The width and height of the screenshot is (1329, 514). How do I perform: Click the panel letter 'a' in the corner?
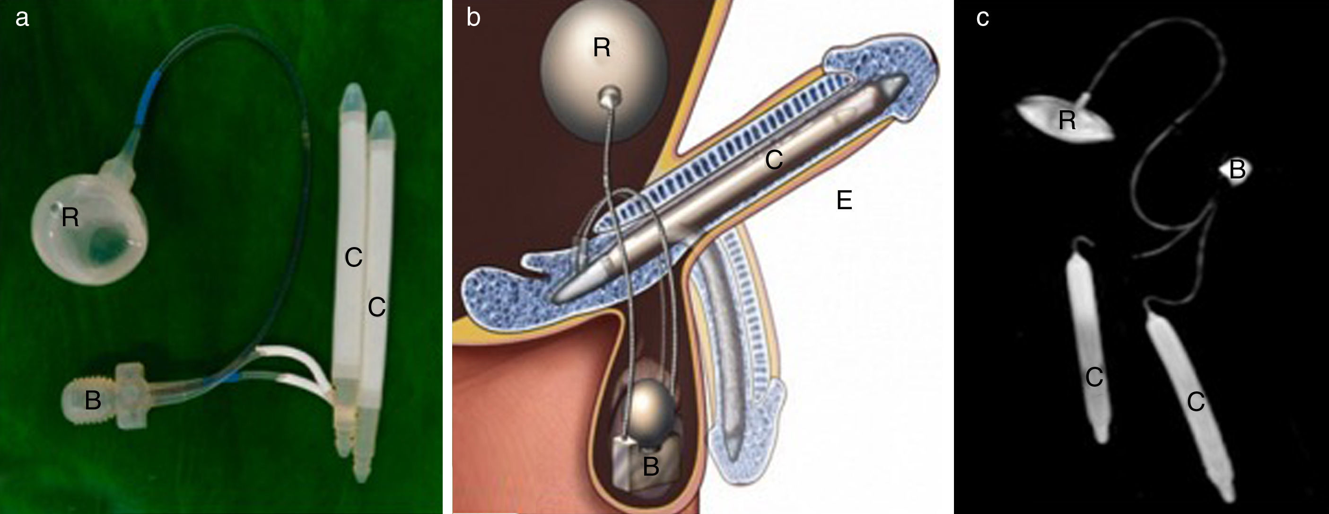(x=22, y=18)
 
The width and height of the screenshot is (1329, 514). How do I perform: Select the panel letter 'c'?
(x=982, y=18)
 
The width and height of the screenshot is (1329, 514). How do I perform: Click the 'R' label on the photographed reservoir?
(x=70, y=217)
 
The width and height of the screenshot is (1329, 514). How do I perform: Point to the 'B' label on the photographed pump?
(x=92, y=400)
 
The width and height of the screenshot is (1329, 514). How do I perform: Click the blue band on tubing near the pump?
(x=220, y=381)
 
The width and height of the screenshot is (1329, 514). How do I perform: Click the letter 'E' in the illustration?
(x=844, y=200)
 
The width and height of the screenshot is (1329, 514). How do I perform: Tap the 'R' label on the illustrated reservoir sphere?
(x=602, y=48)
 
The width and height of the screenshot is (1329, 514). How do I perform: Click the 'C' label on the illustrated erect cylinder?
(x=774, y=160)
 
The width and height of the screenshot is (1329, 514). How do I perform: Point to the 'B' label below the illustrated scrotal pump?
(x=651, y=467)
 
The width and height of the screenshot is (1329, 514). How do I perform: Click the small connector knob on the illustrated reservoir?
(x=609, y=97)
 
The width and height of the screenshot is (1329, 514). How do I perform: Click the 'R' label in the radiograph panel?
(x=1067, y=121)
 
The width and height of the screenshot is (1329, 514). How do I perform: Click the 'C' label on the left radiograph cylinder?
(x=1094, y=377)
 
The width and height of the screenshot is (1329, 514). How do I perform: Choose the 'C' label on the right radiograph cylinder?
(x=1196, y=401)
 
